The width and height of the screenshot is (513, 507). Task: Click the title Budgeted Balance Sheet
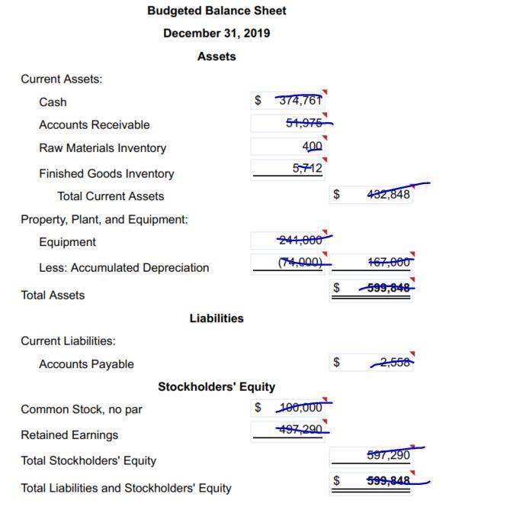coord(216,11)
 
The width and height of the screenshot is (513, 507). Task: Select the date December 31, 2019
coord(216,34)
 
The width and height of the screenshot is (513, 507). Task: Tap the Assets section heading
coord(216,57)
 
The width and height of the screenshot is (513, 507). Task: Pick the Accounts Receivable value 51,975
coord(304,124)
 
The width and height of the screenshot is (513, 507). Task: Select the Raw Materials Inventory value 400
coord(313,146)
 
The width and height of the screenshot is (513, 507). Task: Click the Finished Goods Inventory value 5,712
coord(307,168)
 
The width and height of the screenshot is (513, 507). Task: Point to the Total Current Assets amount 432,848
coord(388,194)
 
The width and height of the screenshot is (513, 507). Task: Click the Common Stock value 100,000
coord(303,408)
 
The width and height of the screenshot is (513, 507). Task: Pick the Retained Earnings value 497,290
coord(303,431)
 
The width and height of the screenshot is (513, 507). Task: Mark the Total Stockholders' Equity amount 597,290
coord(388,455)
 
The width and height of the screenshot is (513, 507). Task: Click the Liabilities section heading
coord(216,318)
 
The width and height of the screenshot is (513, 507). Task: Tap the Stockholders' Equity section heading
coord(216,387)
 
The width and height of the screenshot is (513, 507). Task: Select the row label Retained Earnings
coord(69,435)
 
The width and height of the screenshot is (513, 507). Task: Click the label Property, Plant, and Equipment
coord(104,219)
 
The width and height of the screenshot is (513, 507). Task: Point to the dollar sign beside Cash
coord(258,100)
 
